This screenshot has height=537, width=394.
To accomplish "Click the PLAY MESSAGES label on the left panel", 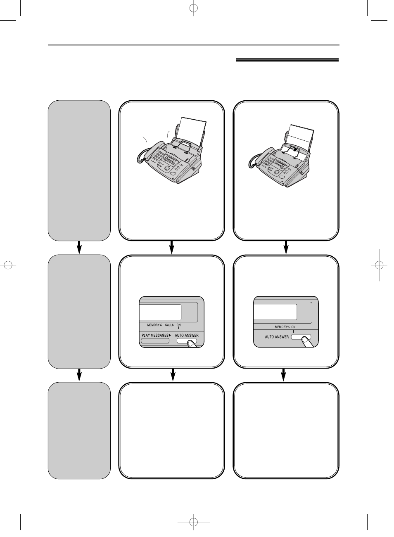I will [x=155, y=335].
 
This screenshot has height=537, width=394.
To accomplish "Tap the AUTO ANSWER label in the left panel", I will [x=187, y=335].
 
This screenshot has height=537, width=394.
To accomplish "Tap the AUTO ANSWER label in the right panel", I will [x=277, y=337].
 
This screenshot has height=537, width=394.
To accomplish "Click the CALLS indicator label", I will [x=169, y=325].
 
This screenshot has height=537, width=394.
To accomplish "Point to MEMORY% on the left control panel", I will [x=154, y=325].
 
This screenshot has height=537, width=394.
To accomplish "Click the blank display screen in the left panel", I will [x=160, y=312].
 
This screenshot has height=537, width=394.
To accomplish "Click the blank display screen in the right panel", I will [x=275, y=312].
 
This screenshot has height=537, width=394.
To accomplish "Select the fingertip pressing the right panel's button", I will [x=306, y=341].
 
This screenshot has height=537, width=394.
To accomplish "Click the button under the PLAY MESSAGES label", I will [x=155, y=341].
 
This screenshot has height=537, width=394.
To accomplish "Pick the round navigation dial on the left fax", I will [x=167, y=168].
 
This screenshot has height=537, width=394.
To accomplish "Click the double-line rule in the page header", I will [x=287, y=60].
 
